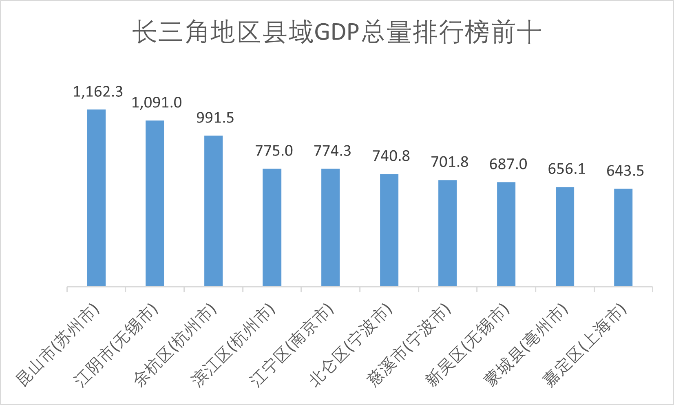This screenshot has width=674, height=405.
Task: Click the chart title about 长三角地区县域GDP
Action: tap(337, 32)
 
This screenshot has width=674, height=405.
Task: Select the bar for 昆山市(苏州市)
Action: tap(96, 198)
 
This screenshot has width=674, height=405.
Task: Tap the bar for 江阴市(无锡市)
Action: tap(155, 203)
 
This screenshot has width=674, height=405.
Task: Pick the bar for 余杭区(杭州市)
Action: tap(213, 211)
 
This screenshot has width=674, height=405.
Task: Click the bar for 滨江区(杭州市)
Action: tap(272, 227)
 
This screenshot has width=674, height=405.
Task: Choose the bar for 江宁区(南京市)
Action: tap(330, 227)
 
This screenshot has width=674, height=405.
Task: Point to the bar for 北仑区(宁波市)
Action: tap(389, 230)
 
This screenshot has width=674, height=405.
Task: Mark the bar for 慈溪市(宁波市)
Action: tap(447, 233)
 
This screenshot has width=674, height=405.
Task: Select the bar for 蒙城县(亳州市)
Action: tap(565, 237)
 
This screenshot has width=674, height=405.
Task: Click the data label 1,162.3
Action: tap(98, 92)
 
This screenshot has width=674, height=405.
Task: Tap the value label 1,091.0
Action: tap(157, 102)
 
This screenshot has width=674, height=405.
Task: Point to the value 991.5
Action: tap(215, 118)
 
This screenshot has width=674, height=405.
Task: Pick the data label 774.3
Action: tap(332, 151)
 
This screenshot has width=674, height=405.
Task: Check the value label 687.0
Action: tap(508, 165)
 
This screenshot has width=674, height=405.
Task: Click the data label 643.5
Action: tap(625, 171)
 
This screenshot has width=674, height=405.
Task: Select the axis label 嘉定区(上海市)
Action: tap(584, 345)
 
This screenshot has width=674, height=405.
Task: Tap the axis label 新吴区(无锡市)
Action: tap(467, 345)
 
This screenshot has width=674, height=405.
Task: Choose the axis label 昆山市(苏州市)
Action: tap(57, 345)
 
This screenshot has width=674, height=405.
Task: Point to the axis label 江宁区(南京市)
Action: tap(291, 345)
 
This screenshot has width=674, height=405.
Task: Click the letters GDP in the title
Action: tap(337, 32)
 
